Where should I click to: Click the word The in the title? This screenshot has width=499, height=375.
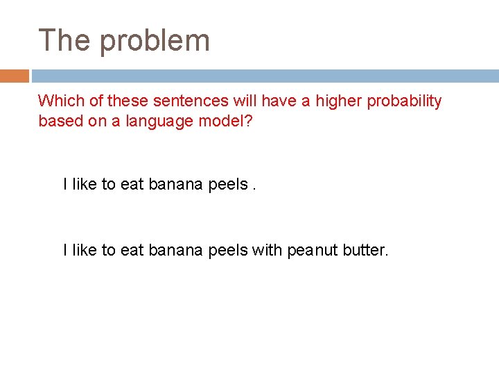[x=64, y=40]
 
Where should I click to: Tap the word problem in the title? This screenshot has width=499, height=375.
[x=154, y=42]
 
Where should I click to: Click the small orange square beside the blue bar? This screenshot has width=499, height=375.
[x=14, y=76]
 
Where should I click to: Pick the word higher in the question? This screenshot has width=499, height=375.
[x=339, y=101]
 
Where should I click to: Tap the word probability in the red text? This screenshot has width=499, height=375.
[x=404, y=102]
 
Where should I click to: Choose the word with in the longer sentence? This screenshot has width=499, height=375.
[x=267, y=250]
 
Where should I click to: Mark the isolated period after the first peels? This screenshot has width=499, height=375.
[x=254, y=188]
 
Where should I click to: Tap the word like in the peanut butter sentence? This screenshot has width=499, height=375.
[x=85, y=250]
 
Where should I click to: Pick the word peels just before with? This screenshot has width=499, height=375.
[x=227, y=250]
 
